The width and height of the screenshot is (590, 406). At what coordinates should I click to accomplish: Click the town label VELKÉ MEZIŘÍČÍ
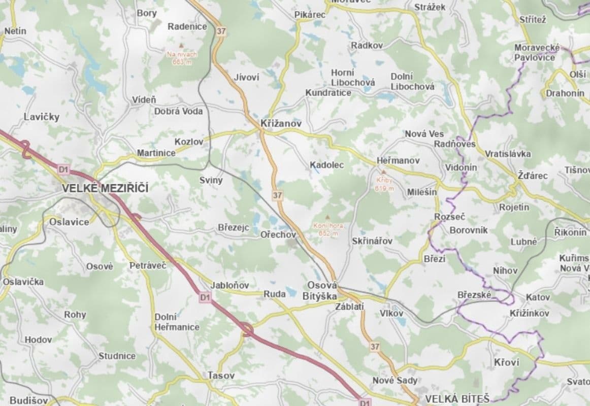(x=105, y=188)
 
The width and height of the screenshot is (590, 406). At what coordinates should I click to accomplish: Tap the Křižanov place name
(x=281, y=123)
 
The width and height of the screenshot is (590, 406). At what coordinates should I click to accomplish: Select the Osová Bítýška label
(x=322, y=290)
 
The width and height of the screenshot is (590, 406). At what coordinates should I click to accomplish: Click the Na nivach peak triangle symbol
(x=180, y=46)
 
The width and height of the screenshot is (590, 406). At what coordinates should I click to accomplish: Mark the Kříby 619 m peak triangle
(x=384, y=172)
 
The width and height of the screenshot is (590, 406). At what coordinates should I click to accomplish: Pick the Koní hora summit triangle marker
(x=327, y=217)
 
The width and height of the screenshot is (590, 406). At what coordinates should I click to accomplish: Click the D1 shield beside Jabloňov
(x=205, y=297)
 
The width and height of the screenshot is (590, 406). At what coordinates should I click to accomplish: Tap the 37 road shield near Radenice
(x=221, y=31)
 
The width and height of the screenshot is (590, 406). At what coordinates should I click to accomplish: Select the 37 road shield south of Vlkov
(x=375, y=347)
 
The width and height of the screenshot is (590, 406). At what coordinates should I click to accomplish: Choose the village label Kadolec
(x=326, y=165)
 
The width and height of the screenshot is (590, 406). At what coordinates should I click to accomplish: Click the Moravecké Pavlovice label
(x=537, y=52)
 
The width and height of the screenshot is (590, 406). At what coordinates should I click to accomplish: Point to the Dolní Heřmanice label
(x=177, y=322)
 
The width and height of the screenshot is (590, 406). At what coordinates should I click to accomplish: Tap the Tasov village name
(x=221, y=376)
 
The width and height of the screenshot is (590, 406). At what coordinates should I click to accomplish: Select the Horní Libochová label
(x=353, y=77)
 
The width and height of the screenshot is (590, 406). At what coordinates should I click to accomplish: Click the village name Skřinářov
(x=372, y=241)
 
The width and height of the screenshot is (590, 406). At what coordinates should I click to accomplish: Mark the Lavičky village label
(x=42, y=117)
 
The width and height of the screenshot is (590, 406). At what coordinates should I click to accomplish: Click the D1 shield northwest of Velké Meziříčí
(x=63, y=169)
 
